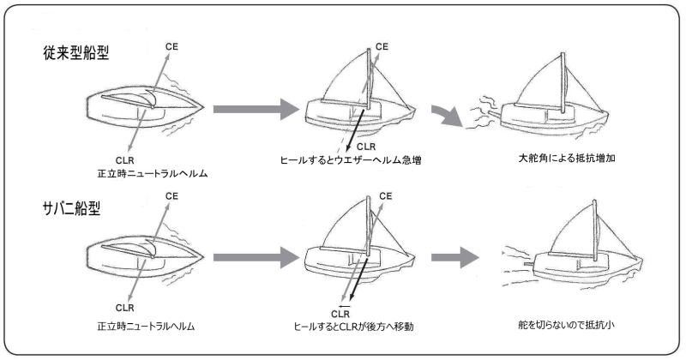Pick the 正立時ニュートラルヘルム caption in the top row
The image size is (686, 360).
click(x=141, y=174)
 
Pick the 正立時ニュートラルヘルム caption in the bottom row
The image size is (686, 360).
click(x=141, y=327)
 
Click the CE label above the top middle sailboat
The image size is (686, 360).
click(x=382, y=45)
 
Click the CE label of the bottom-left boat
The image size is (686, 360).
click(x=171, y=198)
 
